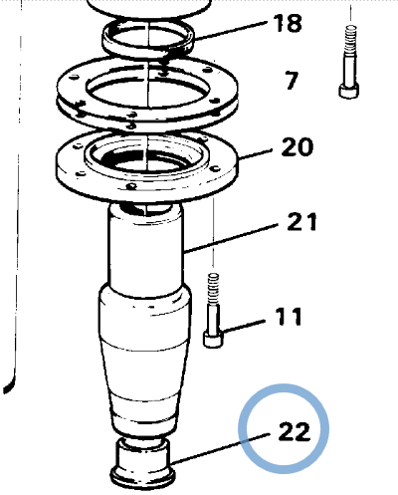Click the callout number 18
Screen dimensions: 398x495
[x=288, y=23]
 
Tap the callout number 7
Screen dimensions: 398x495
[x=292, y=81]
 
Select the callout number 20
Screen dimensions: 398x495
[x=298, y=147]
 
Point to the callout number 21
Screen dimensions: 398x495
[x=301, y=222]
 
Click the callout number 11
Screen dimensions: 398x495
[x=289, y=317]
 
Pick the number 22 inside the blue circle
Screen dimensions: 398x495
[x=295, y=431]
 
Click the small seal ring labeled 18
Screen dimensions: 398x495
[x=148, y=39]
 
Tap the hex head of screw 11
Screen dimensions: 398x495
[x=213, y=339]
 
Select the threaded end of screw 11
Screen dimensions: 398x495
[x=213, y=288]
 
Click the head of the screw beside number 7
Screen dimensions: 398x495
[x=349, y=91]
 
